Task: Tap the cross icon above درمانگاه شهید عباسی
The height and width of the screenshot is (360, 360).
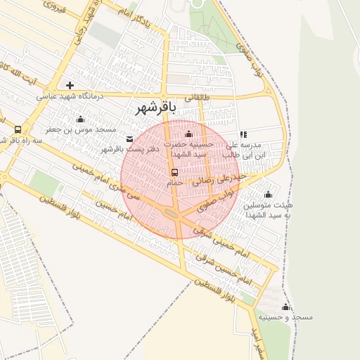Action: point(70,84)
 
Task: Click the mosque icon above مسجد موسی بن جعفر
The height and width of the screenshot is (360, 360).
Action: point(80,119)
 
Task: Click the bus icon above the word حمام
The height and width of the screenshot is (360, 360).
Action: point(174,172)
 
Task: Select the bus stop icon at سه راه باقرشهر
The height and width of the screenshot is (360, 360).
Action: point(17,129)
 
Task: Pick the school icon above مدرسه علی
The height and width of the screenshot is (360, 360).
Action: point(243,134)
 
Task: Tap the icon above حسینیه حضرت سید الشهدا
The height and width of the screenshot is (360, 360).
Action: point(188,134)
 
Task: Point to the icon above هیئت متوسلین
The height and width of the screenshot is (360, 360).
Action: point(268,195)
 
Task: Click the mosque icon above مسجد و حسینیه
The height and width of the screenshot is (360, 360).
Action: point(285,307)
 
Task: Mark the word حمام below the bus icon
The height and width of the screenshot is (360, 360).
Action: point(174,182)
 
